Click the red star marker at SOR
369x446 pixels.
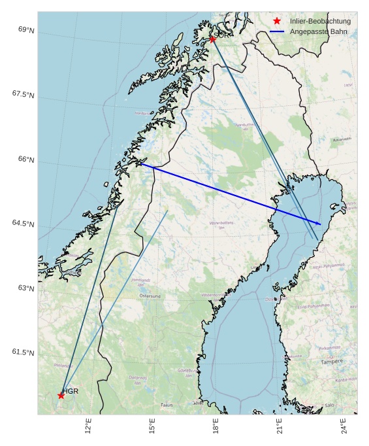[x=212, y=39]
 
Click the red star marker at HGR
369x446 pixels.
[x=61, y=395]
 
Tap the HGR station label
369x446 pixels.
[x=71, y=391]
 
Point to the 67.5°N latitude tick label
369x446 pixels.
[x=23, y=95]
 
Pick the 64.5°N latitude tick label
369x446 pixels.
[x=23, y=224]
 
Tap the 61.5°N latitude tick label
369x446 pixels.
[x=23, y=352]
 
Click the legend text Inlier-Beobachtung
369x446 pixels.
[x=320, y=22]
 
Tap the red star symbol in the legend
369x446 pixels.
[x=277, y=22]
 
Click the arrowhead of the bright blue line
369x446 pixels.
[x=319, y=224]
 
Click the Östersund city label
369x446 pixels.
[x=154, y=296]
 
